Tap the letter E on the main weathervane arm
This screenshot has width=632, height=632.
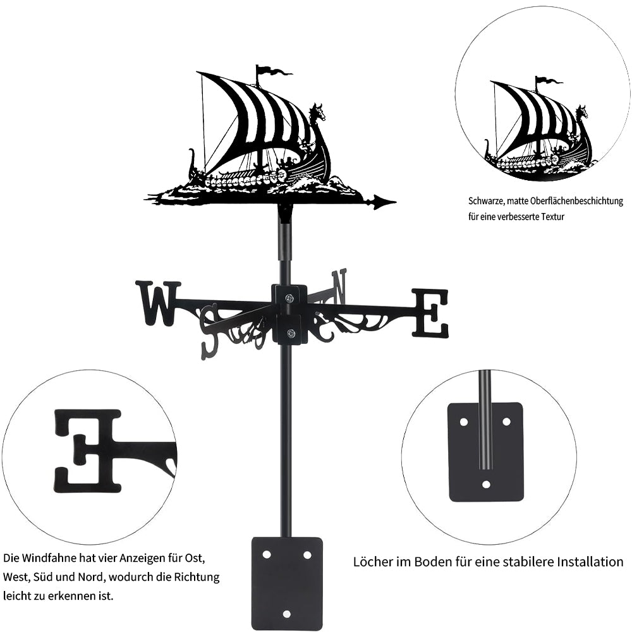click(430, 313)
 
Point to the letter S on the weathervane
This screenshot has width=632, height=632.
click(212, 330)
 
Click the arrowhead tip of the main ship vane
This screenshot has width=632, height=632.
click(396, 202)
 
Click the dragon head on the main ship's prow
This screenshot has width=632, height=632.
click(317, 112)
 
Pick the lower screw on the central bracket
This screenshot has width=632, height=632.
click(289, 333)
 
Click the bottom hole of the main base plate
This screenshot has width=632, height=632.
click(286, 614)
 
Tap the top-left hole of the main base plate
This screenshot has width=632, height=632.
click(267, 555)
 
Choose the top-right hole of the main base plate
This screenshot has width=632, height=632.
click(307, 555)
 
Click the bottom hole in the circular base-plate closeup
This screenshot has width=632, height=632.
click(486, 484)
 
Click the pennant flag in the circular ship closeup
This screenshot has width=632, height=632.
click(549, 80)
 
